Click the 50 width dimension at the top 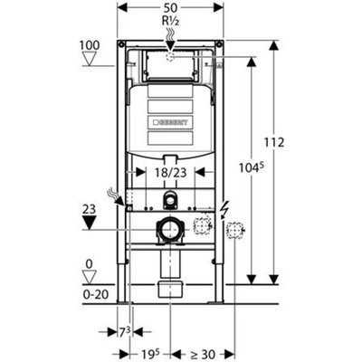170,7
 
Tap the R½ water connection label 170,22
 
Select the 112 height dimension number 274,142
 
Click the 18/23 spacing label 171,173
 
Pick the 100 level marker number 90,45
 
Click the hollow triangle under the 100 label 90,59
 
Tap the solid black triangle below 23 90,223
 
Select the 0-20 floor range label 96,294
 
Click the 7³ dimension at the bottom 125,332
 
